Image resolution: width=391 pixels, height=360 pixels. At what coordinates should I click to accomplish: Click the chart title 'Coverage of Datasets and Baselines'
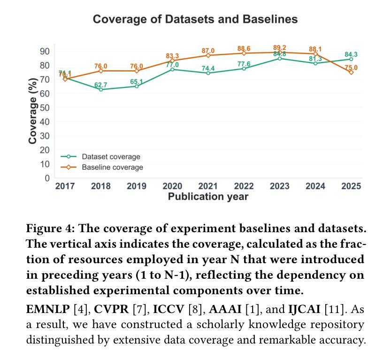coord(195,19)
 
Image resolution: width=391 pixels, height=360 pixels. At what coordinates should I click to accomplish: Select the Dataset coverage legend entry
coord(111,157)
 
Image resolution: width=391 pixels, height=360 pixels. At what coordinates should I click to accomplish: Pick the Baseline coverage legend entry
coord(112,167)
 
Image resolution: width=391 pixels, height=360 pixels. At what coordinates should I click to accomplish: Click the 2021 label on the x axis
coord(208,186)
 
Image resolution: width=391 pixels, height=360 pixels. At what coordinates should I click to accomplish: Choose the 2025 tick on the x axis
coord(351,186)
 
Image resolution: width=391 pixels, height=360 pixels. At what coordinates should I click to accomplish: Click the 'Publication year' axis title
coord(208,196)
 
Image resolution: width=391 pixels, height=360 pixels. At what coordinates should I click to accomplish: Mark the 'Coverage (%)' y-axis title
coord(32,113)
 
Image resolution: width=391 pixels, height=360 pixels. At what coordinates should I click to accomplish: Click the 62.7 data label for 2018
coord(101,85)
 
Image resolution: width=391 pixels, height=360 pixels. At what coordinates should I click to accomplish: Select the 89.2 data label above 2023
coord(280,48)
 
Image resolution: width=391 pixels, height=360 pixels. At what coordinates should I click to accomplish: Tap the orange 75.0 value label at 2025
coord(351,68)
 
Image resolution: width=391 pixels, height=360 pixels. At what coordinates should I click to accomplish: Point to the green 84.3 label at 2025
coord(351,55)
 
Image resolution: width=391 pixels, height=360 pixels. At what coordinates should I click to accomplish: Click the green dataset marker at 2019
coord(137,86)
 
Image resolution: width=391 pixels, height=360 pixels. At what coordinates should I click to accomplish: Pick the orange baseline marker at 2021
coord(208,55)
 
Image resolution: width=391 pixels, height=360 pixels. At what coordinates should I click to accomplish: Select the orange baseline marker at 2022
coord(244,53)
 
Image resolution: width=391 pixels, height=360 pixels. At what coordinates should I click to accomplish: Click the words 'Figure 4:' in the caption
coord(50,228)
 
